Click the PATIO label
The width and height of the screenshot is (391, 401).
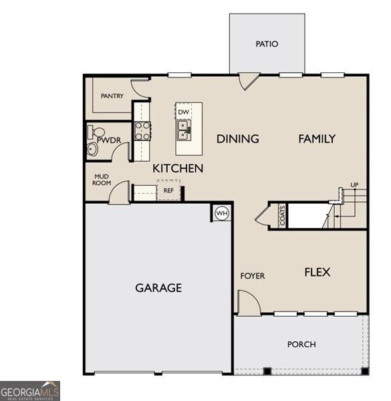[x=267, y=44]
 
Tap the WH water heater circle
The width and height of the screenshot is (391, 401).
[x=222, y=213]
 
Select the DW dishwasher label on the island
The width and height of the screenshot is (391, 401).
[x=183, y=112]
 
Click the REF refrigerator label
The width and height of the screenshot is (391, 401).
[x=168, y=190]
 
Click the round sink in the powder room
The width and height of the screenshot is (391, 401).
[x=92, y=149]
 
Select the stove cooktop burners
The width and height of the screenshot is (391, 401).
[x=142, y=131]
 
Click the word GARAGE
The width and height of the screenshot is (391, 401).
[x=158, y=288]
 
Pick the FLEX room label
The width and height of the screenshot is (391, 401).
[x=317, y=272]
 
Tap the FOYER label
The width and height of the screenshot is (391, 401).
[x=253, y=276]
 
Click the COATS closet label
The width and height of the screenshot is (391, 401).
[x=282, y=216]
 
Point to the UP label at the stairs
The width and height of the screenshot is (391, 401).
[x=354, y=184]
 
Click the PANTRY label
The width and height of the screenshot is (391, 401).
[x=112, y=96]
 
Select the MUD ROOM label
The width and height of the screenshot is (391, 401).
[x=102, y=180]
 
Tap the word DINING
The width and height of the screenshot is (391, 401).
[x=238, y=139]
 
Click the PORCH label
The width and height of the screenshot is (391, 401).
[x=301, y=344]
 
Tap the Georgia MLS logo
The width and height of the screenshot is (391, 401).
[x=30, y=391]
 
